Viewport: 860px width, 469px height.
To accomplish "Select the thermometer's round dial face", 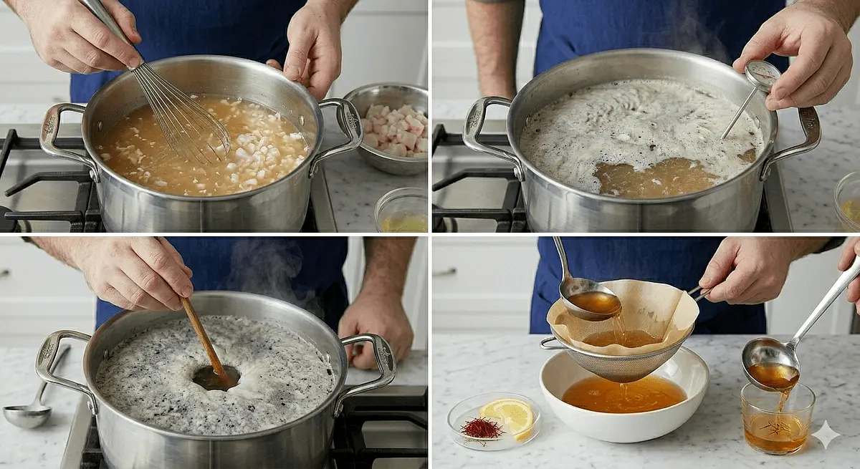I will pos(763,74).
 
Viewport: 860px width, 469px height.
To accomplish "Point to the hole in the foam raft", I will pos(215,377).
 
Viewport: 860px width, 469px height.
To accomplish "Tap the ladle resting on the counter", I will pos(29,413).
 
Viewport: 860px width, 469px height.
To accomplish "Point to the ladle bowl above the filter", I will pos(591,302).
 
